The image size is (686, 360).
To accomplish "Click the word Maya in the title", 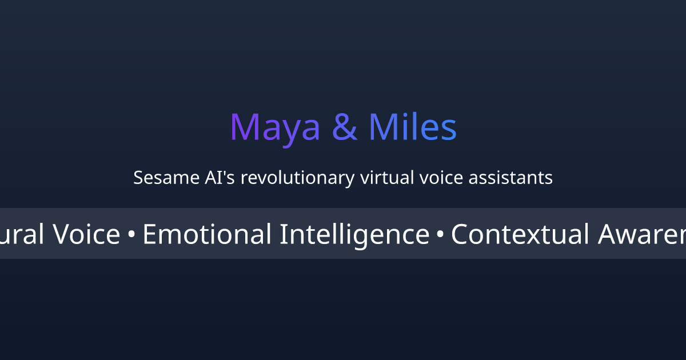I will click(x=275, y=127).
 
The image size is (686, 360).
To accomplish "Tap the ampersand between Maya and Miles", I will click(x=344, y=127).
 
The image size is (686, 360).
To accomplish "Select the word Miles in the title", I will click(x=412, y=127).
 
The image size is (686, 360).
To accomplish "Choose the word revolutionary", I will click(x=297, y=178).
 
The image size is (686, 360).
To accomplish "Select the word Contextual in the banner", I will click(x=520, y=234).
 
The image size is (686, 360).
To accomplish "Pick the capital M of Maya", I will click(x=242, y=127).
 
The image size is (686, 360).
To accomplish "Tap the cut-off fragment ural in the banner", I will click(x=23, y=234).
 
